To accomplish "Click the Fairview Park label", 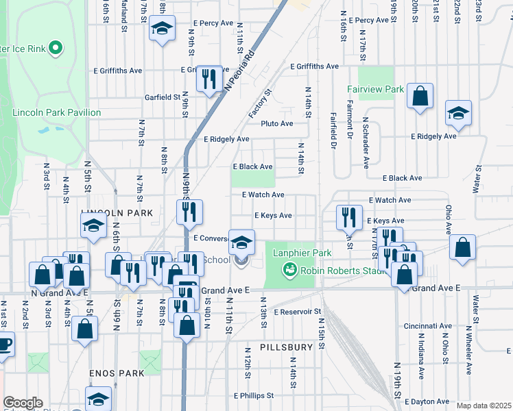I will pyautogui.click(x=375, y=90).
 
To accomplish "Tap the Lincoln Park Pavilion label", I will pyautogui.click(x=56, y=112).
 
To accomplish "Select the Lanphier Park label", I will pyautogui.click(x=302, y=253).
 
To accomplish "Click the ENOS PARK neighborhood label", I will pyautogui.click(x=117, y=373).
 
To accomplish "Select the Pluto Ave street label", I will pyautogui.click(x=277, y=124).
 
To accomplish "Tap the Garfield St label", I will pyautogui.click(x=162, y=97).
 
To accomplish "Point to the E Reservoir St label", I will pyautogui.click(x=298, y=312).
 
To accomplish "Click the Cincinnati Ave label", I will pyautogui.click(x=428, y=326).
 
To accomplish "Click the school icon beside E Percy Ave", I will pyautogui.click(x=162, y=29).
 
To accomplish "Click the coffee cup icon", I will pyautogui.click(x=4, y=344).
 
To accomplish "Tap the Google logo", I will pyautogui.click(x=23, y=403).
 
